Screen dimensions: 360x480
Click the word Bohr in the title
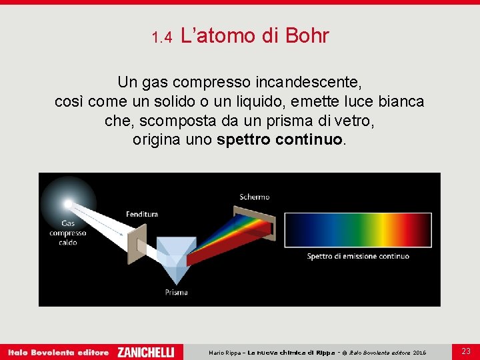coord(307,36)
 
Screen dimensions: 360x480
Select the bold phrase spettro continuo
coord(280,141)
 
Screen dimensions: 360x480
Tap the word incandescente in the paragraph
coord(310,83)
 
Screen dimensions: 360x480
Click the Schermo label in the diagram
coord(255,197)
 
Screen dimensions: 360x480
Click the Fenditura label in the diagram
coord(142,214)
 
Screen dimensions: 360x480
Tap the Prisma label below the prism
coord(177,292)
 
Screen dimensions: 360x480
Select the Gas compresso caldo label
coord(67,233)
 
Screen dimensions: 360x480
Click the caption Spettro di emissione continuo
coord(358,257)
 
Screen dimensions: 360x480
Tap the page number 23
coord(465,351)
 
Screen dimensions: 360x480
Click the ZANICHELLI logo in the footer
coord(145,352)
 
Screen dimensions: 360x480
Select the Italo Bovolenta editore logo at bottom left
coord(58,352)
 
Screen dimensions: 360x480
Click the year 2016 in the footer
coord(419,352)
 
